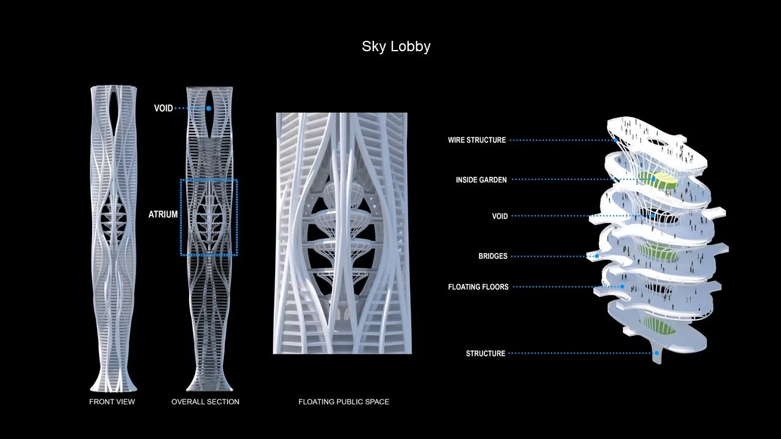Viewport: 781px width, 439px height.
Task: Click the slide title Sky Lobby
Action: pos(396,46)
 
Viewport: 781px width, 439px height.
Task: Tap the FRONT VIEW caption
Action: pos(112,402)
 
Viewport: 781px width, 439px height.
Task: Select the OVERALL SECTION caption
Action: pos(205,402)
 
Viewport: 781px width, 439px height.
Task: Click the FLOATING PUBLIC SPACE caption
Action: pos(344,402)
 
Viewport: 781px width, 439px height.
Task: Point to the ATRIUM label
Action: pos(163,215)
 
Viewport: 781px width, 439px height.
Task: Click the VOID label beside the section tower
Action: pos(164,108)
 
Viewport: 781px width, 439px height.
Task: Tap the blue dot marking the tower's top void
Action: pos(209,109)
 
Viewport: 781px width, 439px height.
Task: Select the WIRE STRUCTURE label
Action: pos(477,140)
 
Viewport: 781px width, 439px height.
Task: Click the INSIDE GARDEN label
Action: pos(481,180)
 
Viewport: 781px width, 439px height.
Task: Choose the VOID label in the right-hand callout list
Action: pos(500,216)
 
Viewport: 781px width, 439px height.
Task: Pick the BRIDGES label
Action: pos(492,256)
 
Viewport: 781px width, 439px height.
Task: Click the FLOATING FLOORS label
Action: pos(478,287)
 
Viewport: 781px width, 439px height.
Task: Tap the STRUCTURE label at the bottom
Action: pos(485,354)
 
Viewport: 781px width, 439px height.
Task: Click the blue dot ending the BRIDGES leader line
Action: pos(597,257)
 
